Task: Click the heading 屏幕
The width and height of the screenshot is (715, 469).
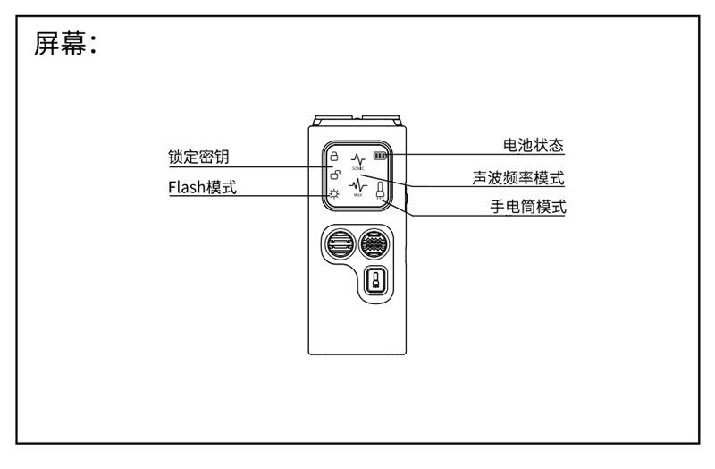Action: tap(64, 44)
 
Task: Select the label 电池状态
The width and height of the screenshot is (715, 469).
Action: tap(534, 145)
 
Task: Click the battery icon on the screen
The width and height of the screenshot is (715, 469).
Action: tap(382, 154)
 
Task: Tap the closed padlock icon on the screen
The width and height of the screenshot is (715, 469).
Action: tap(333, 154)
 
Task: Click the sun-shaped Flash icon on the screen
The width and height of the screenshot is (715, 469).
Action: tap(332, 193)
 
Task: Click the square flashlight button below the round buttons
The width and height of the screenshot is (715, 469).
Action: tap(376, 286)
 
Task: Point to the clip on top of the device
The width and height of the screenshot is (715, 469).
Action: tap(357, 120)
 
